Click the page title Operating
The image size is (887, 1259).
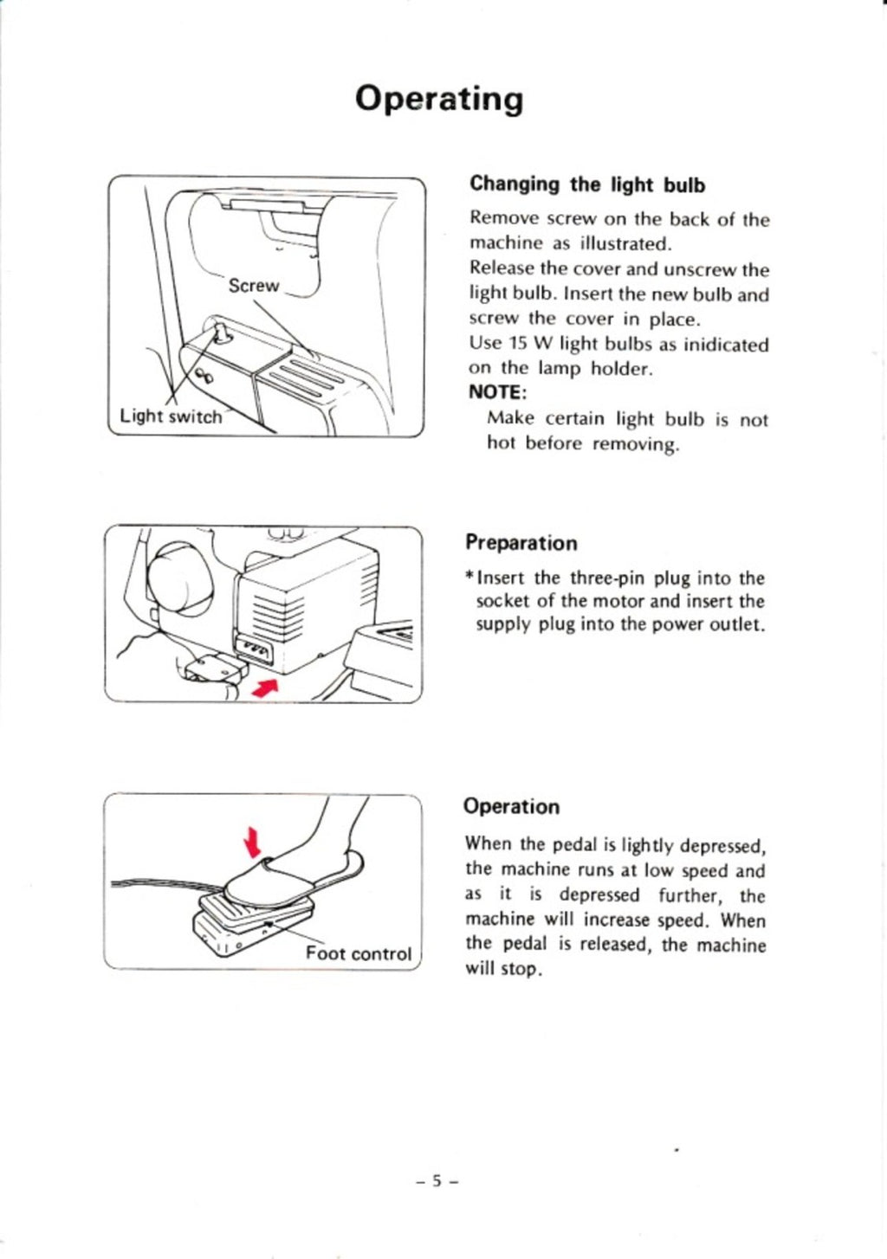pyautogui.click(x=440, y=100)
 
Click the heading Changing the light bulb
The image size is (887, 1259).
pyautogui.click(x=587, y=184)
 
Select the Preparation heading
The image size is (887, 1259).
pyautogui.click(x=521, y=543)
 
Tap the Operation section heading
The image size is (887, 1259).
pyautogui.click(x=511, y=806)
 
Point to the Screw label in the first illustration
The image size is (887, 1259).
pyautogui.click(x=253, y=286)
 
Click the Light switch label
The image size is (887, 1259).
pyautogui.click(x=171, y=416)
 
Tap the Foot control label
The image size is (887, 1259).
pyautogui.click(x=359, y=953)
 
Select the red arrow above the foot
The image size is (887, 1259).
pyautogui.click(x=252, y=839)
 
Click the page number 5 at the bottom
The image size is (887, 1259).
pyautogui.click(x=437, y=1180)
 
